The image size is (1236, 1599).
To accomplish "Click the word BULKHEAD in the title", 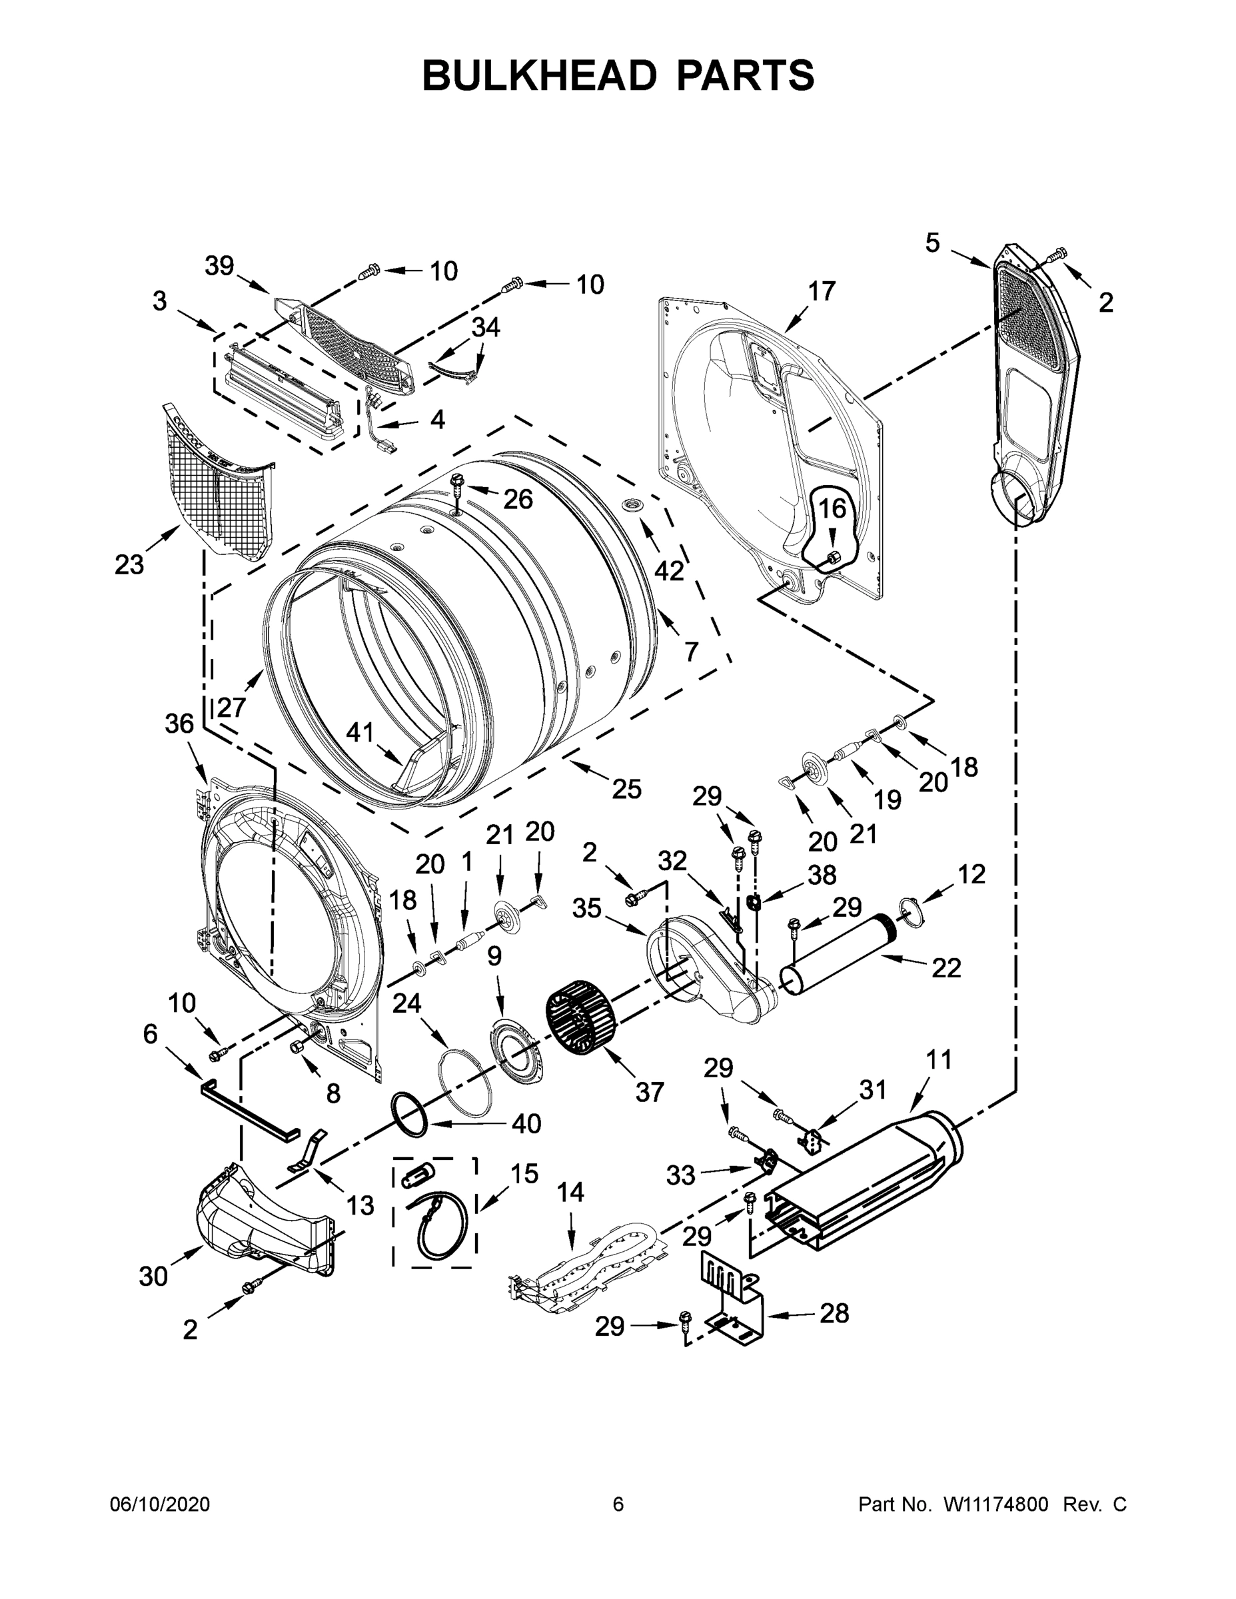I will tap(539, 75).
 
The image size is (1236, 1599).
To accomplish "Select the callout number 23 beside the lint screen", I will tap(130, 564).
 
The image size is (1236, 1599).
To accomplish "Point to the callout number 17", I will tap(822, 290).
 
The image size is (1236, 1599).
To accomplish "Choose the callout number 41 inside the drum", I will tap(360, 732).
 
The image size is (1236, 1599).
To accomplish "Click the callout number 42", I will tap(668, 570).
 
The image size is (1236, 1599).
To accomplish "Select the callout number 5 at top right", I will tap(931, 243).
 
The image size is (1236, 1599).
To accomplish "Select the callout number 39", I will tap(219, 266).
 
